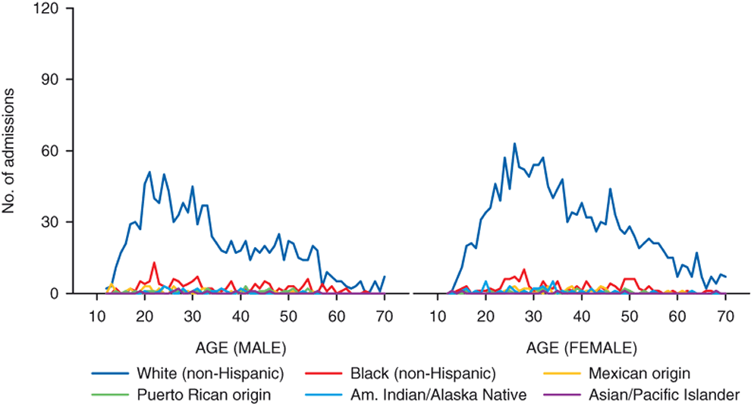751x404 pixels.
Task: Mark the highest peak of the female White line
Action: coord(514,143)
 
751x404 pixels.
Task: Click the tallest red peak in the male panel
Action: coord(154,262)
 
